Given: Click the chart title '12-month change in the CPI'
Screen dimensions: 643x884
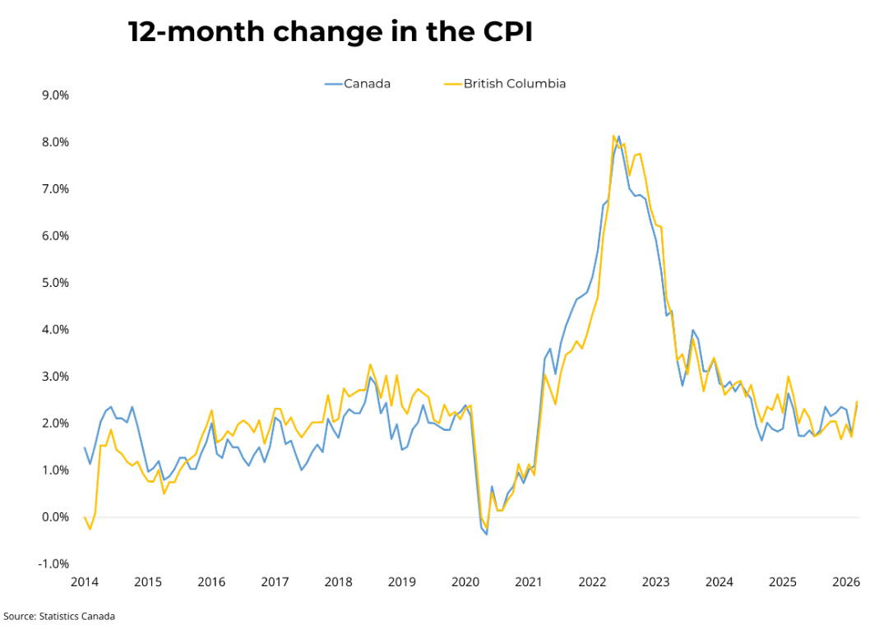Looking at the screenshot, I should tap(330, 32).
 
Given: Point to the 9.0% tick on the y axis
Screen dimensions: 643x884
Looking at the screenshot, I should tap(54, 95).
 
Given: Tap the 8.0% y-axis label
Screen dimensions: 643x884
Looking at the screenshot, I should tap(54, 142).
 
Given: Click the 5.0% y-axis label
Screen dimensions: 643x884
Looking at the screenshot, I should tap(54, 283).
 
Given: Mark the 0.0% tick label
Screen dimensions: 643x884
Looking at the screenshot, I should tap(54, 517).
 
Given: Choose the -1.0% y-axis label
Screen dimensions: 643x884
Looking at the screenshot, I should tap(53, 564).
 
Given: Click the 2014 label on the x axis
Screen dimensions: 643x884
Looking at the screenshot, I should tap(85, 582).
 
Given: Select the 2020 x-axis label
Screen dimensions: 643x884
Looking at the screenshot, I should tap(465, 582).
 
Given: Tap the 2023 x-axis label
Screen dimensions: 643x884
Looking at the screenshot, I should tap(655, 582).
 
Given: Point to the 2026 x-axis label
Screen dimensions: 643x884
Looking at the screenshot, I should tap(846, 582).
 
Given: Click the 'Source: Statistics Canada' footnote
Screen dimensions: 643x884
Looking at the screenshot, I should tap(59, 616).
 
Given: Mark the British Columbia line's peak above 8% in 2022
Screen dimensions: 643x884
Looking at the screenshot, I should tap(613, 136).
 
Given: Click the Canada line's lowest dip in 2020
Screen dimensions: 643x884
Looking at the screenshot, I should tap(487, 534).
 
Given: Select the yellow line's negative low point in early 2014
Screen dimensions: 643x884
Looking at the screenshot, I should tap(90, 529).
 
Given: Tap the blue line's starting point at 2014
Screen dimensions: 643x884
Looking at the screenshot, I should tap(85, 448).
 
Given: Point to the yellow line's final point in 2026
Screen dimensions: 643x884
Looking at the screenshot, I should tap(857, 402).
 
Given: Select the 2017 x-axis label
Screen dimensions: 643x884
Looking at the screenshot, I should tap(275, 582).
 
